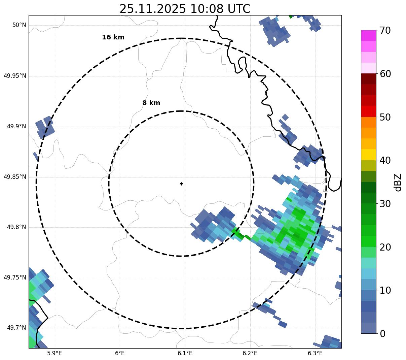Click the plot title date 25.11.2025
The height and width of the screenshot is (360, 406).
click(x=152, y=9)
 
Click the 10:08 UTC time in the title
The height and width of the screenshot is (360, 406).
click(x=220, y=9)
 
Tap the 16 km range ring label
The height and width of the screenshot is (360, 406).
click(x=113, y=37)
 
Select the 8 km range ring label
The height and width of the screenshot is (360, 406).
click(x=151, y=103)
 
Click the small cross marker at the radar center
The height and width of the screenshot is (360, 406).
click(x=181, y=184)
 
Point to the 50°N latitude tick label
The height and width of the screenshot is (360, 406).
click(x=19, y=25)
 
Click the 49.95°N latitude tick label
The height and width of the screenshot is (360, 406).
click(x=15, y=76)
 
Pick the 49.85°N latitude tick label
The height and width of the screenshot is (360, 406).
click(x=15, y=177)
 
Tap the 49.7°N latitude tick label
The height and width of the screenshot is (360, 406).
click(x=16, y=328)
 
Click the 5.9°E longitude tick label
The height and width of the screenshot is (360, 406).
click(x=54, y=353)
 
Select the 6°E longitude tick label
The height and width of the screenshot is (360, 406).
click(x=120, y=353)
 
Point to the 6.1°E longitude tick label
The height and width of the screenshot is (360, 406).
click(x=185, y=353)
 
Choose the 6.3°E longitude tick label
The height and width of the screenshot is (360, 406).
click(x=315, y=353)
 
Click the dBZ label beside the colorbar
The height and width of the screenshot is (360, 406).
click(x=398, y=182)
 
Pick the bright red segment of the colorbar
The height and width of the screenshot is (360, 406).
click(x=368, y=111)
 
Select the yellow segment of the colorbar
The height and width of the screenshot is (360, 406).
click(x=368, y=155)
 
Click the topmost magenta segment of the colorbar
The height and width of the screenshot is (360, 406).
click(x=368, y=35)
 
